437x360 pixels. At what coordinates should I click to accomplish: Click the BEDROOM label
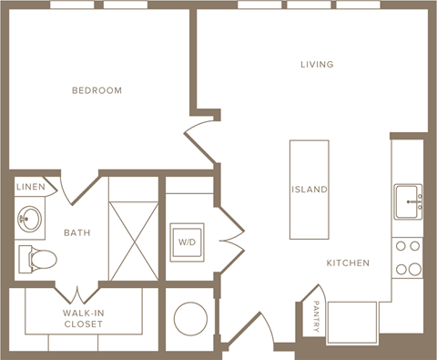97,91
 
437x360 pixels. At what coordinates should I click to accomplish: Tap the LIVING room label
318,65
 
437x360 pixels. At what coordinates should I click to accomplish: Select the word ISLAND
310,190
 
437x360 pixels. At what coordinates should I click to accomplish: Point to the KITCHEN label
349,263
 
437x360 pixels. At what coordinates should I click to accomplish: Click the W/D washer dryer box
188,242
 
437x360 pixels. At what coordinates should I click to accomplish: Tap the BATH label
76,232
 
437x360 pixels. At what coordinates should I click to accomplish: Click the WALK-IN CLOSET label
82,318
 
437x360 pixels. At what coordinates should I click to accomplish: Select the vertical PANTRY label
316,318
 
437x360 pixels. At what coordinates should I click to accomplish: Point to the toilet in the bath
36,258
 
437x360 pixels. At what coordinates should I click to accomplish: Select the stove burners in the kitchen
407,257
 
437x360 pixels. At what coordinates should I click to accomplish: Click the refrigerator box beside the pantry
352,321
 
